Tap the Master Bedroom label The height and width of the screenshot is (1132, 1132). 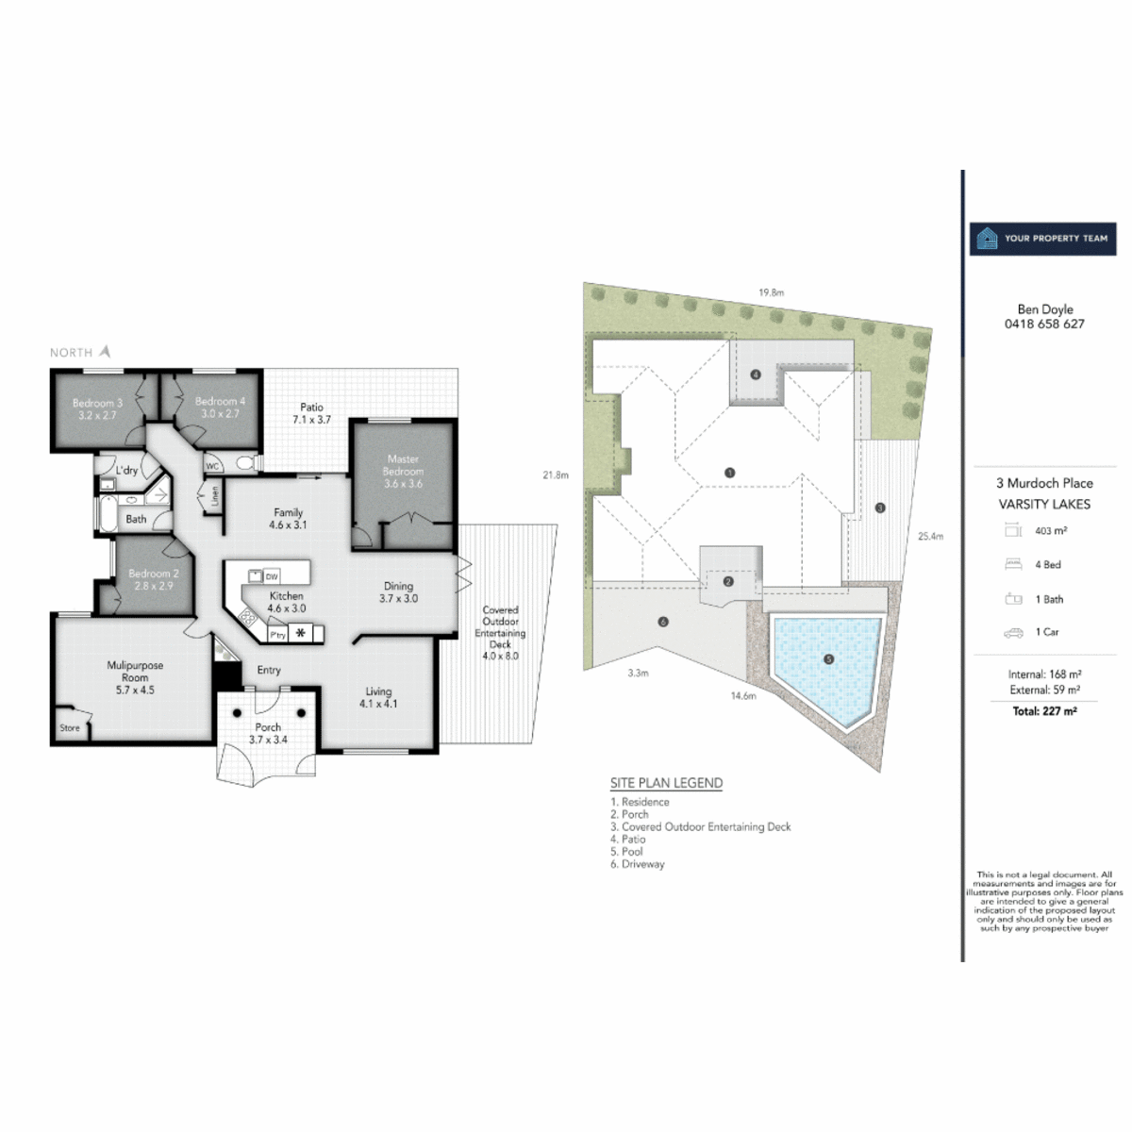pyautogui.click(x=403, y=471)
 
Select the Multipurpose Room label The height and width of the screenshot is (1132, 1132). pyautogui.click(x=135, y=677)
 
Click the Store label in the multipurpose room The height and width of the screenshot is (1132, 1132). pyautogui.click(x=70, y=728)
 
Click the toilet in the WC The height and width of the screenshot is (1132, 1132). pyautogui.click(x=245, y=463)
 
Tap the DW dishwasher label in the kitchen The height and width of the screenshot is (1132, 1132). pyautogui.click(x=272, y=576)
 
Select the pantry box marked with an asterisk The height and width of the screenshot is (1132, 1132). pyautogui.click(x=301, y=633)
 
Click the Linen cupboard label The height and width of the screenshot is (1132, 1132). pyautogui.click(x=214, y=495)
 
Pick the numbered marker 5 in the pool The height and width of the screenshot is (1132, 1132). pyautogui.click(x=828, y=659)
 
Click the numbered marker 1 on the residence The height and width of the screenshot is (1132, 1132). pyautogui.click(x=729, y=473)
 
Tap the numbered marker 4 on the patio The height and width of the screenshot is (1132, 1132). pyautogui.click(x=756, y=375)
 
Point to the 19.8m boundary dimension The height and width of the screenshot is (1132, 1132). pyautogui.click(x=771, y=292)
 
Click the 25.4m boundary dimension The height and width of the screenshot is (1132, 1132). pyautogui.click(x=930, y=536)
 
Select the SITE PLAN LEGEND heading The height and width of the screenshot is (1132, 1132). pyautogui.click(x=666, y=783)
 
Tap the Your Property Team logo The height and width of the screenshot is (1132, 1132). pyautogui.click(x=1042, y=239)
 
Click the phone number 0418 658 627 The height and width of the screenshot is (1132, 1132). pyautogui.click(x=1044, y=324)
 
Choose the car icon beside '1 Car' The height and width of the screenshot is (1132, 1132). pyautogui.click(x=1013, y=633)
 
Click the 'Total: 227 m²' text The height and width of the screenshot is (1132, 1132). pyautogui.click(x=1044, y=711)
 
